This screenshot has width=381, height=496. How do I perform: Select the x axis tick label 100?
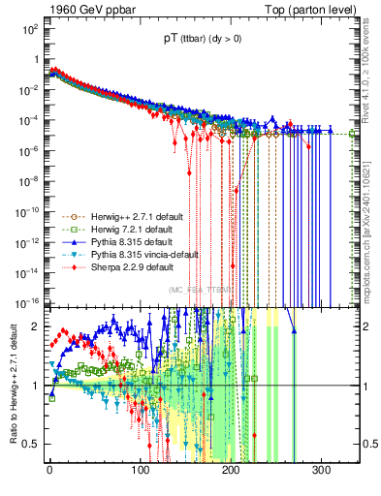tap(140, 471)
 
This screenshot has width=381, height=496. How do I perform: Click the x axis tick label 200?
tap(231, 471)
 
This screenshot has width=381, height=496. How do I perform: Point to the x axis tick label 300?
tap(321, 471)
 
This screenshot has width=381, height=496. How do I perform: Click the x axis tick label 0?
tap(49, 471)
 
